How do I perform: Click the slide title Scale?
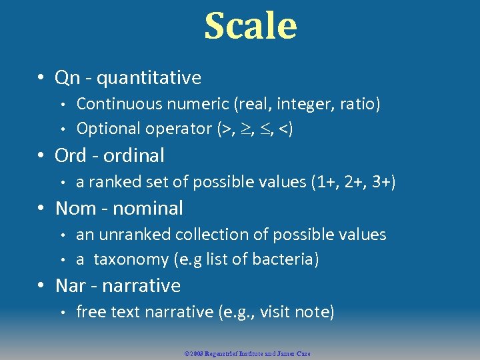[x=250, y=26]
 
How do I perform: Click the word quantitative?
[x=149, y=78]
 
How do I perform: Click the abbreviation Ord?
[x=71, y=155]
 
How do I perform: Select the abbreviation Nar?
[x=70, y=285]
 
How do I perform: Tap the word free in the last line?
[x=91, y=311]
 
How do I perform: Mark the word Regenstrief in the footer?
[x=227, y=353]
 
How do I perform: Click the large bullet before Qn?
[x=41, y=78]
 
